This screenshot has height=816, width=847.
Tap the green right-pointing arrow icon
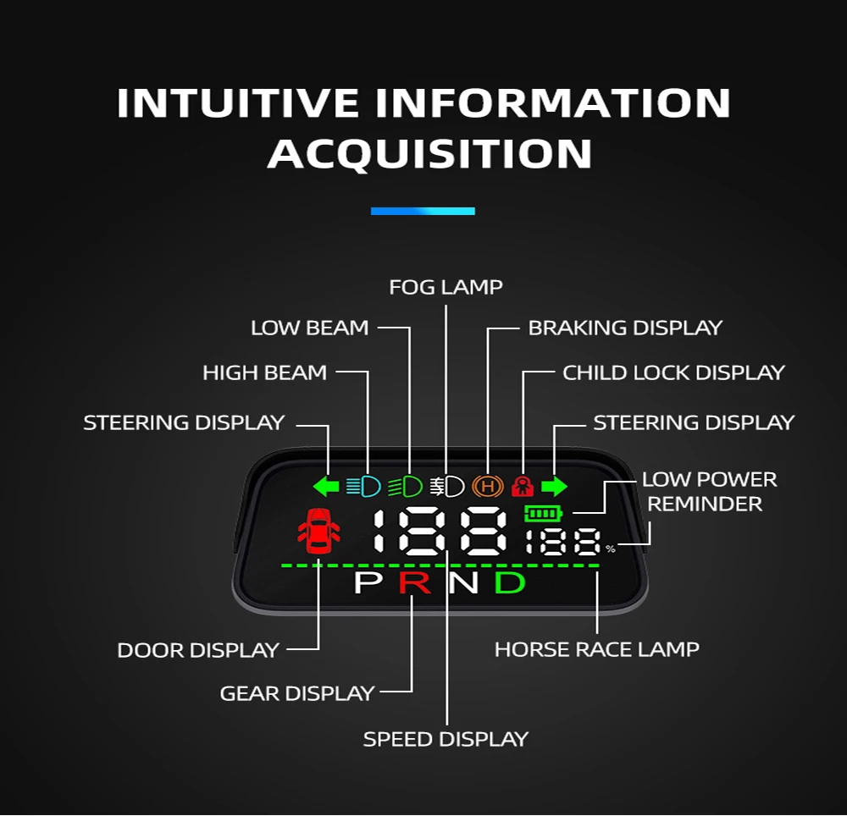(554, 487)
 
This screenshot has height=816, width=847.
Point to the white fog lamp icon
(446, 487)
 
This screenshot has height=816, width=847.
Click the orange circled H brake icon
(488, 487)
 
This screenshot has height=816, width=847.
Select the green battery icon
(543, 513)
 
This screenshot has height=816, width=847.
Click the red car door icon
(318, 530)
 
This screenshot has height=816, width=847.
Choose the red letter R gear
(415, 582)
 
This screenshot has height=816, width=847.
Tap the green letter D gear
(510, 582)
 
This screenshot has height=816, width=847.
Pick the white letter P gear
(368, 582)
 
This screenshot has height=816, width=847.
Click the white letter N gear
(463, 582)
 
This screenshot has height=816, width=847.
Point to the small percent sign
(611, 549)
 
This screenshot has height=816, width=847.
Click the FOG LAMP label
(446, 288)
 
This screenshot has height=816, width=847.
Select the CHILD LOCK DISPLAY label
(673, 372)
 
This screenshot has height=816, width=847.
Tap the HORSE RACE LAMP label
(597, 650)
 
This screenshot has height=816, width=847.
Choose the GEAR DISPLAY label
(296, 693)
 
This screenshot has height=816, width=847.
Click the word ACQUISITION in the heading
(429, 154)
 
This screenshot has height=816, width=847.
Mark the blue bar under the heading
(423, 211)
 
